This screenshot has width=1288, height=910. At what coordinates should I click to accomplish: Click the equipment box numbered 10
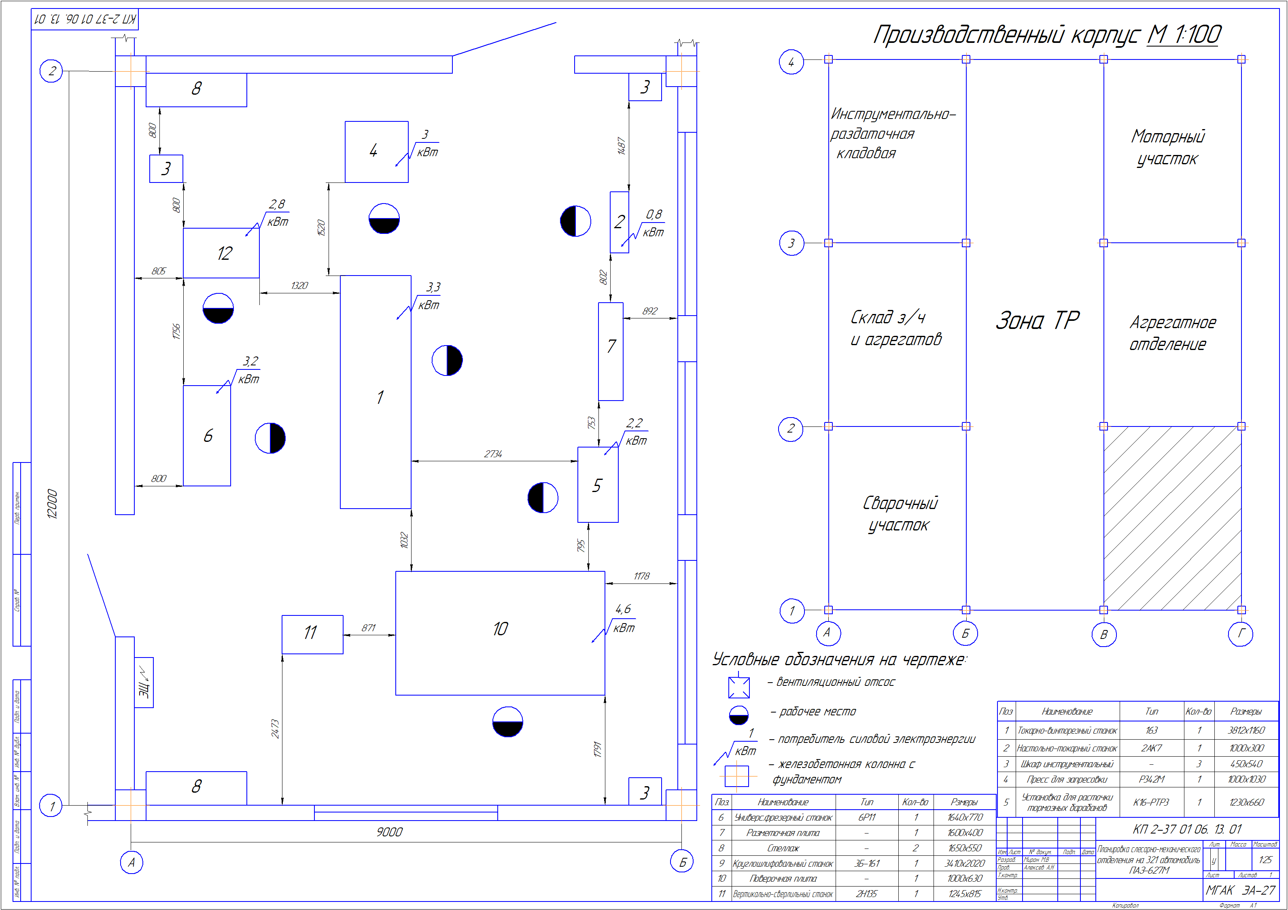[x=500, y=633]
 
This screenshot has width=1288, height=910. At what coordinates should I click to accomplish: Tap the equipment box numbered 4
[x=376, y=151]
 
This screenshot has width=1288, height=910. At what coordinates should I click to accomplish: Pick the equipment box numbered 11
[x=312, y=634]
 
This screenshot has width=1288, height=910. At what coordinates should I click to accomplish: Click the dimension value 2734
[x=493, y=454]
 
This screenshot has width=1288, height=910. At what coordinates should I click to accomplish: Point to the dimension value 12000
[x=52, y=504]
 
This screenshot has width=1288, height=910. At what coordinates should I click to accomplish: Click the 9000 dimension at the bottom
[x=389, y=832]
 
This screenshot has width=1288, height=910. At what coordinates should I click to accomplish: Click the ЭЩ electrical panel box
[x=144, y=682]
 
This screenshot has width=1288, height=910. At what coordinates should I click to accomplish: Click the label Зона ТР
[x=1037, y=320]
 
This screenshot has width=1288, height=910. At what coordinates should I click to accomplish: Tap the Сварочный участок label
[x=899, y=514]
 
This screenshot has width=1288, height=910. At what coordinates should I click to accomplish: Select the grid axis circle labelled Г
[x=1240, y=634]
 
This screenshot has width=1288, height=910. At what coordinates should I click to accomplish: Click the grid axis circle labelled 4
[x=791, y=62]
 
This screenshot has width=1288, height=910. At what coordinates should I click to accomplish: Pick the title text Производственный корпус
[x=1006, y=35]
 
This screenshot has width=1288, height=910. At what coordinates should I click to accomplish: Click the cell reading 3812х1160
[x=1246, y=730]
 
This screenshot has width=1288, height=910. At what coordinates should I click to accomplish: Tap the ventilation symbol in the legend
[x=739, y=687]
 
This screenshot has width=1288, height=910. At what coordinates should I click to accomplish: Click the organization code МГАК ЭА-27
[x=1240, y=890]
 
